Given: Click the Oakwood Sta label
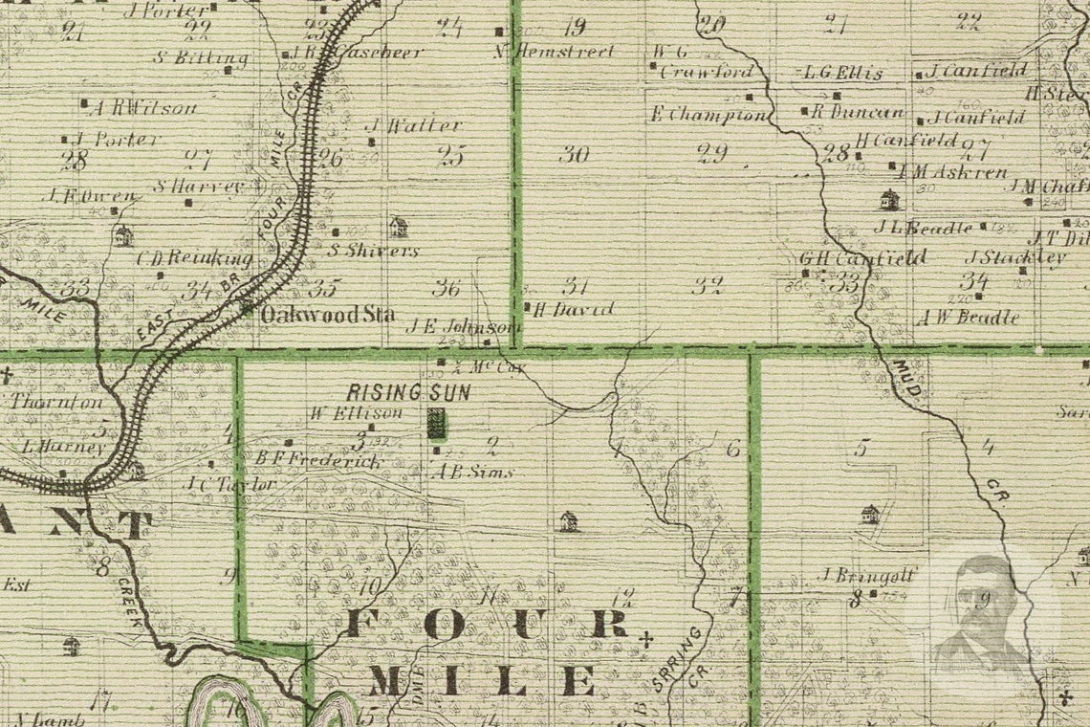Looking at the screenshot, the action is tap(327, 314).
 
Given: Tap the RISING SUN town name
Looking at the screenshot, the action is tap(408, 392).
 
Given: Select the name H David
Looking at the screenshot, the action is tap(572, 309).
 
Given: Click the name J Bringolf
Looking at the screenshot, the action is tap(869, 575).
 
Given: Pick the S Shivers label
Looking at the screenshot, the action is tap(373, 251).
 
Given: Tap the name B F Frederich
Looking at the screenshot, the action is tap(317, 460).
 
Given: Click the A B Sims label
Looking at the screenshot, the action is tap(475, 472).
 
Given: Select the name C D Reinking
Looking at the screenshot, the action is tap(195, 258).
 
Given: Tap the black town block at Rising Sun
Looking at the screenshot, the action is tap(437, 423).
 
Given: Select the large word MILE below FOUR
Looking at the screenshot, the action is tap(483, 681).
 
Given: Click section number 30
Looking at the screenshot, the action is tap(574, 154).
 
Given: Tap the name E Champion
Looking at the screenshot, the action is tap(708, 115).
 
